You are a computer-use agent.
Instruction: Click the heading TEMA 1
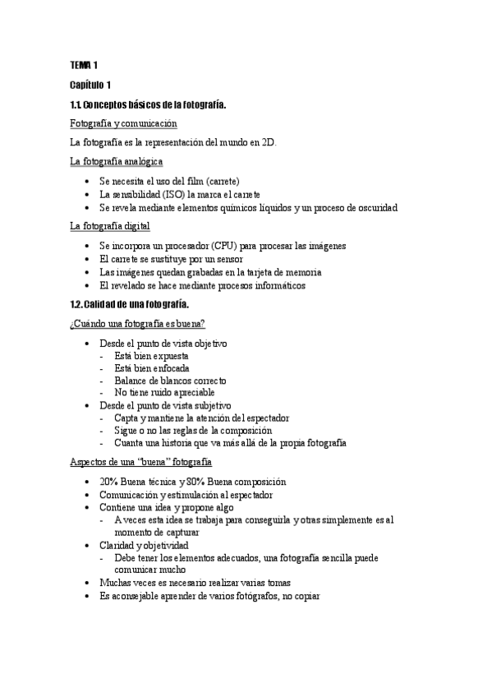coord(84,64)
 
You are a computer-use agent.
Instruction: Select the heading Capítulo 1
coord(96,85)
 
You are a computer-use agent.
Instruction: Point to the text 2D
coord(268,143)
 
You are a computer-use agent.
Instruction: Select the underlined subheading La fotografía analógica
coord(117,162)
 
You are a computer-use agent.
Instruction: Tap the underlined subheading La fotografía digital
coord(110,226)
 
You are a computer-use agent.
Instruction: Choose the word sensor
coord(229,259)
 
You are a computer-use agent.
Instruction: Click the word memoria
coord(297,272)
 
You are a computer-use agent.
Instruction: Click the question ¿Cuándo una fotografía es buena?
coord(138,323)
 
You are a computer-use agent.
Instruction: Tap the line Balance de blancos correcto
coord(171,381)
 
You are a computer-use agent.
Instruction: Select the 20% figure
coord(108,482)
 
